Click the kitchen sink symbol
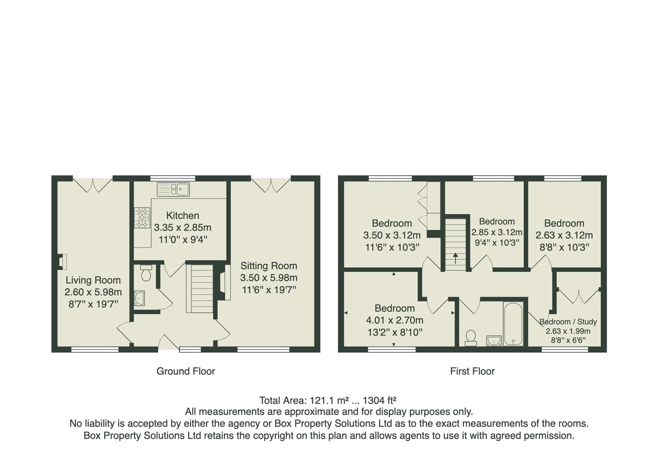(173, 189)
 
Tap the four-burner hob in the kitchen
(142, 217)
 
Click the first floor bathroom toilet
(470, 338)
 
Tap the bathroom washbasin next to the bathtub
(493, 340)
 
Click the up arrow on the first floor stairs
(456, 258)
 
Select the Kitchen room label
(183, 215)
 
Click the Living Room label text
(93, 280)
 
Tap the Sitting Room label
(269, 266)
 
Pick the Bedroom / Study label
(568, 322)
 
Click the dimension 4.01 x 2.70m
(395, 320)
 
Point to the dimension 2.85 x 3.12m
(497, 232)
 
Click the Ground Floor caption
(186, 371)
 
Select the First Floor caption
(472, 371)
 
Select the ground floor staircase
(199, 288)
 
